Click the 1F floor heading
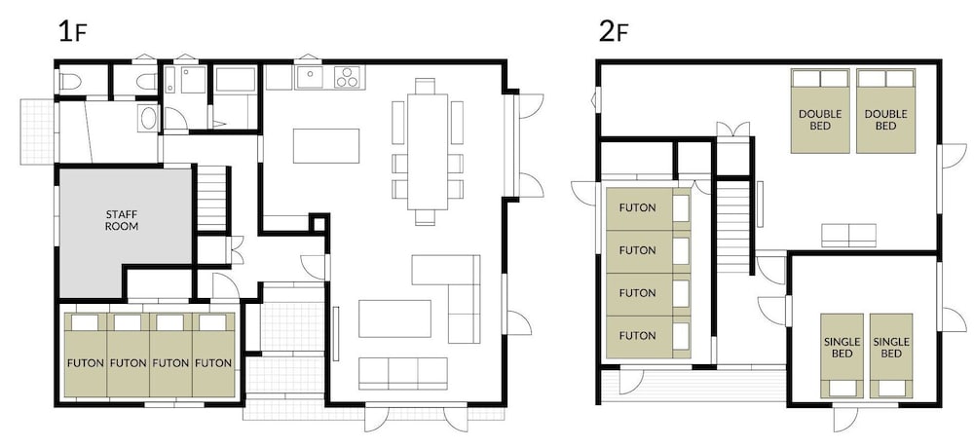(72, 32)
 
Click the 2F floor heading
(614, 32)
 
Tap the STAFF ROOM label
(122, 220)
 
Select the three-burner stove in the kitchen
(349, 77)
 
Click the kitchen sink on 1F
(309, 77)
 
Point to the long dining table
(428, 151)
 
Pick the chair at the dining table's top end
(426, 86)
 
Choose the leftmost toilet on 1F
(71, 82)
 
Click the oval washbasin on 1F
(148, 118)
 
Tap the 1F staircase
(212, 199)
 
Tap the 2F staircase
(733, 227)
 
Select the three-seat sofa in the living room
(403, 373)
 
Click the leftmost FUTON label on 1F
(85, 363)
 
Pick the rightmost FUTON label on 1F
(213, 363)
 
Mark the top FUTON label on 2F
(637, 207)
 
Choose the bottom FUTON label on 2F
(637, 336)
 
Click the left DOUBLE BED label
(820, 120)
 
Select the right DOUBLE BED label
(885, 120)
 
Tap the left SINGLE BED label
(842, 348)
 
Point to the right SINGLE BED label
(891, 348)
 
